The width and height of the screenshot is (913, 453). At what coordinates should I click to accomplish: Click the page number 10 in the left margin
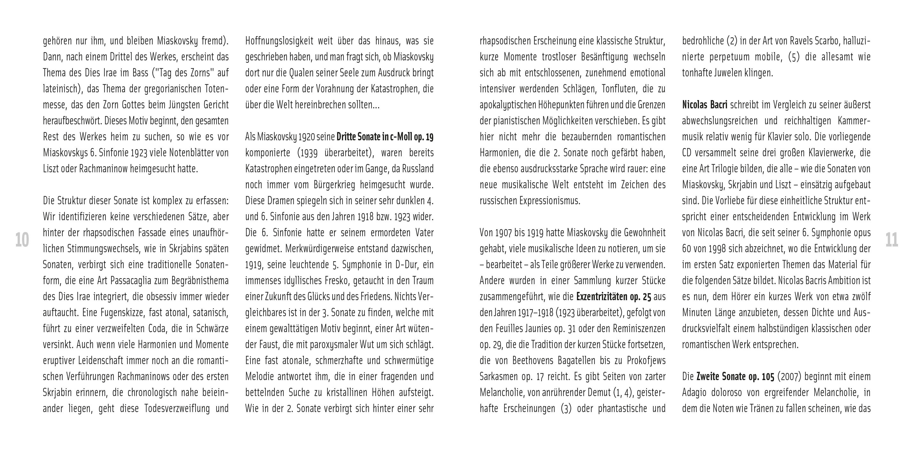(x=22, y=240)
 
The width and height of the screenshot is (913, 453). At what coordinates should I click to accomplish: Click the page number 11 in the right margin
(x=892, y=240)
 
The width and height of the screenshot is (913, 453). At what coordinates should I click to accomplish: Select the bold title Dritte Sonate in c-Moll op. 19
(x=385, y=137)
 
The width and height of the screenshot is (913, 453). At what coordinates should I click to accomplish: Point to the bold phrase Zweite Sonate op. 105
(x=735, y=376)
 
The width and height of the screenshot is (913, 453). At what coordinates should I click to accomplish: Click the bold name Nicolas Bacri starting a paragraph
(x=705, y=105)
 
